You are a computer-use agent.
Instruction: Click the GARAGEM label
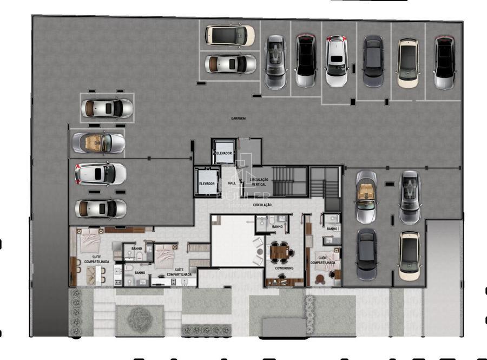(x=238, y=118)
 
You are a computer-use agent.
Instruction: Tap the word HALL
(x=232, y=184)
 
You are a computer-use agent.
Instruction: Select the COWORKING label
(x=284, y=268)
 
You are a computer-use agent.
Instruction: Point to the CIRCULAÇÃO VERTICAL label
(x=259, y=182)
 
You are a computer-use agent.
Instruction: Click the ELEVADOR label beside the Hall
(x=207, y=184)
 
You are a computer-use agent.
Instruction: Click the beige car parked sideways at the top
(x=229, y=35)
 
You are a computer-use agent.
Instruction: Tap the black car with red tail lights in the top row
(x=305, y=61)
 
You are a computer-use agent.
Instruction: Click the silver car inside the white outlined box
(x=107, y=108)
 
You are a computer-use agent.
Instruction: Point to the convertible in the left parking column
(x=99, y=142)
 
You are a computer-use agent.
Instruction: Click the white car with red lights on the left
(x=101, y=174)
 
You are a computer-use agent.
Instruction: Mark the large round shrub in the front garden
(x=139, y=320)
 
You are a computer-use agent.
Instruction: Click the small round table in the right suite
(x=320, y=279)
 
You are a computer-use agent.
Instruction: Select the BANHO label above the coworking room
(x=278, y=227)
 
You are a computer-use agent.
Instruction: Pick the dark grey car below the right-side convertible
(x=367, y=253)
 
